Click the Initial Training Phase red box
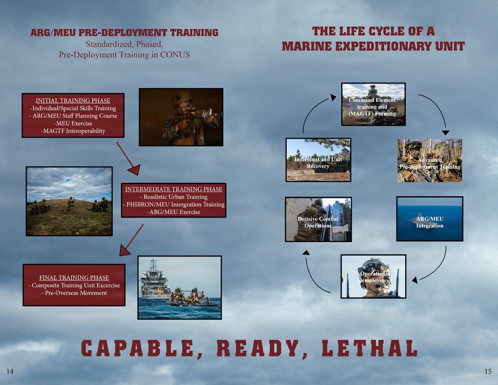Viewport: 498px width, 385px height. click(73, 116)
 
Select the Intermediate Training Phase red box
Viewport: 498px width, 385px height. click(173, 200)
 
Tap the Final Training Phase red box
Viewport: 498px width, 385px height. click(74, 285)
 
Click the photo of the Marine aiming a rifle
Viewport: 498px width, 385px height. click(180, 117)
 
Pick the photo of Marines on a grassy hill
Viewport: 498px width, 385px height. click(69, 201)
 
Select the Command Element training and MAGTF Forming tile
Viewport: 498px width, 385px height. click(373, 104)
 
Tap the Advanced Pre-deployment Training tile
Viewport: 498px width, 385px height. click(429, 160)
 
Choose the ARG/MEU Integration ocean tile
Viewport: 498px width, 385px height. click(429, 219)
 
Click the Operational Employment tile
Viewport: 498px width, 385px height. click(373, 276)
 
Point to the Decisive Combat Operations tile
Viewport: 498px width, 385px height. click(318, 219)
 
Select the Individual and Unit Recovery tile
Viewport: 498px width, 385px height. click(318, 159)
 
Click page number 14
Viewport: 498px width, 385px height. click(9, 372)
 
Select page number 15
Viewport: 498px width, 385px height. click(488, 372)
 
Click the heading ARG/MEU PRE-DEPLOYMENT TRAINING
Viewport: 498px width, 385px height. click(124, 33)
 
